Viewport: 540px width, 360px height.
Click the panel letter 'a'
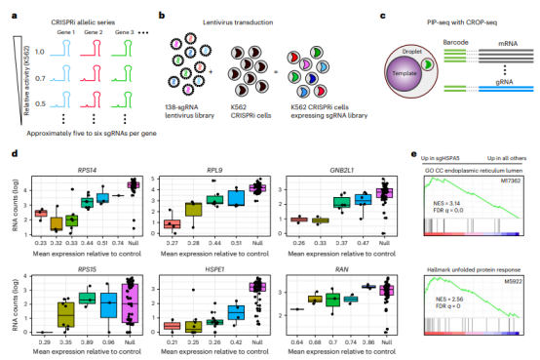[x=13, y=17]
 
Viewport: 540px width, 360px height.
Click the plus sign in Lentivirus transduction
[x=212, y=69]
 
